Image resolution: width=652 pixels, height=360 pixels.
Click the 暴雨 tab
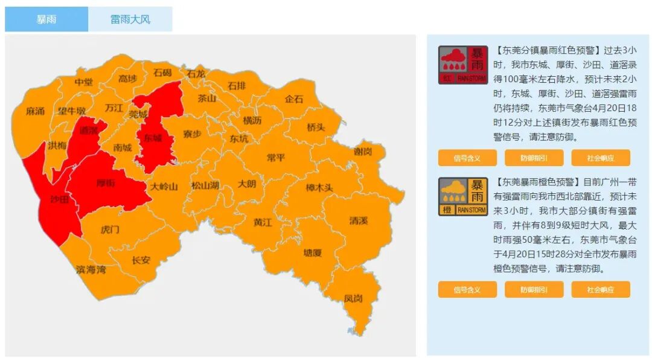[46, 19]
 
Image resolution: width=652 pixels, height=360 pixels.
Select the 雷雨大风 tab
[130, 19]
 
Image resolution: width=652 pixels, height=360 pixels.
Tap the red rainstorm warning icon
[462, 65]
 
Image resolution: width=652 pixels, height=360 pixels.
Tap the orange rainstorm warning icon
[462, 196]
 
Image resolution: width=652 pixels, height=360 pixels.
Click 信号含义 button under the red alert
[467, 158]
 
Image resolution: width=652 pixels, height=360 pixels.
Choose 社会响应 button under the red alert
[600, 158]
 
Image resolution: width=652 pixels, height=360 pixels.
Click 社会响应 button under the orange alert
[600, 290]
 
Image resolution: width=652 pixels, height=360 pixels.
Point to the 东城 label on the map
[153, 138]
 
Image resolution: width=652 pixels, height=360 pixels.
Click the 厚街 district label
[106, 182]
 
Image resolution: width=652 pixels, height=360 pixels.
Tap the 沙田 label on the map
[59, 199]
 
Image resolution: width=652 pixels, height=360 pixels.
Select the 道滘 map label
[89, 130]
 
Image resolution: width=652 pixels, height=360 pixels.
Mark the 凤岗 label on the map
[353, 298]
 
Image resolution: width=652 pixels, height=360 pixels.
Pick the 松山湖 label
[205, 185]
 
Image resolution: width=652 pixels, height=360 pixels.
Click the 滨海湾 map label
[91, 269]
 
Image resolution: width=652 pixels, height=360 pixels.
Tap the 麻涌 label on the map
[36, 112]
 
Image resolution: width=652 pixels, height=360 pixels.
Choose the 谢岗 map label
[362, 151]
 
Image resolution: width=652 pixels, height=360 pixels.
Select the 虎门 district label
[110, 230]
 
